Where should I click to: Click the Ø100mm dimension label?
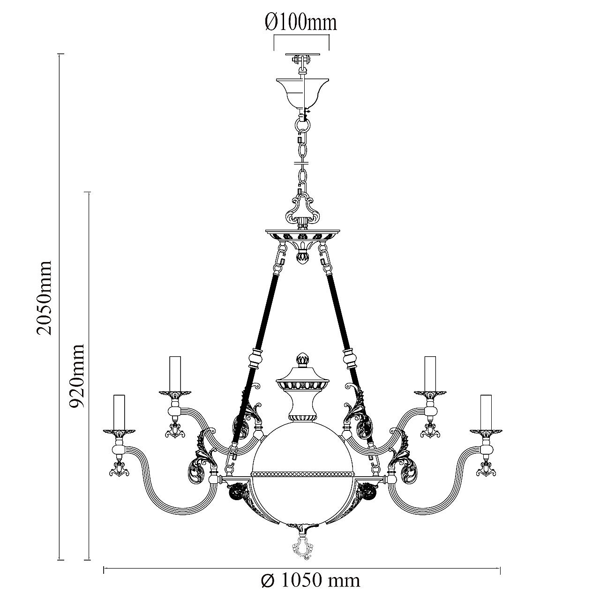tap(301, 22)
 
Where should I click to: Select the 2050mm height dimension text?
tap(43, 298)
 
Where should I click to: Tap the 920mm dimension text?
tap(76, 376)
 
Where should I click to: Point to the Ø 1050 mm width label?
tap(310, 580)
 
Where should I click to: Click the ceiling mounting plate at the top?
tap(302, 55)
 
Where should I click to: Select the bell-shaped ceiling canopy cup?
tap(303, 93)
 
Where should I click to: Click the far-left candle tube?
tap(119, 412)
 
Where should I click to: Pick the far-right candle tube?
tap(486, 412)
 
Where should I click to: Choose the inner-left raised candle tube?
tap(175, 373)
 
